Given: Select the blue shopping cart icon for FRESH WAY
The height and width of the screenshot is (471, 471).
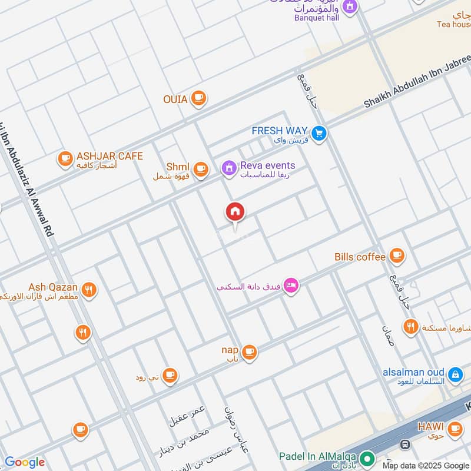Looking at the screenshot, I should pyautogui.click(x=319, y=134).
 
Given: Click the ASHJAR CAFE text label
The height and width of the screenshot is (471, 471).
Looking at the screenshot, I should pyautogui.click(x=110, y=156).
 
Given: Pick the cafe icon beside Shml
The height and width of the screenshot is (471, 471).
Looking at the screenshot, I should pyautogui.click(x=201, y=169).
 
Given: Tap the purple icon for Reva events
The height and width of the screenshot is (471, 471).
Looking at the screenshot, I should pyautogui.click(x=228, y=168).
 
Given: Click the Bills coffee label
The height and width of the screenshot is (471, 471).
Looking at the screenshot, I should pyautogui.click(x=360, y=257).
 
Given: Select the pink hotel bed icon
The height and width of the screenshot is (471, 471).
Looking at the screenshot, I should pyautogui.click(x=291, y=286).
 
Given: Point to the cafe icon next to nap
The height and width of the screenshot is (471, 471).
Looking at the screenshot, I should pyautogui.click(x=250, y=352).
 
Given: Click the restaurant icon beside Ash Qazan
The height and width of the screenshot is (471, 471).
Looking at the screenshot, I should pyautogui.click(x=89, y=289).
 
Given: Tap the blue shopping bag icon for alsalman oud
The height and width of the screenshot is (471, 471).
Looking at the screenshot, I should pyautogui.click(x=455, y=374).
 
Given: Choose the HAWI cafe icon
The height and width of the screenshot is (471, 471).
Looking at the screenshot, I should pyautogui.click(x=455, y=429).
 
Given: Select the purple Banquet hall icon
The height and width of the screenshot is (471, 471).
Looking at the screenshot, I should pyautogui.click(x=350, y=6).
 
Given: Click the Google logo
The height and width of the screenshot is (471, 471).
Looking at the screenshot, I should pyautogui.click(x=24, y=462).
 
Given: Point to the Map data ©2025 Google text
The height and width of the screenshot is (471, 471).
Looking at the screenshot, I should pyautogui.click(x=424, y=465).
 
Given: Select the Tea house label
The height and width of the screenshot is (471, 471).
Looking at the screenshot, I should pyautogui.click(x=454, y=24).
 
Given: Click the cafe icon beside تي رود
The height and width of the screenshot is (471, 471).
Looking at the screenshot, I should pyautogui.click(x=170, y=374).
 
